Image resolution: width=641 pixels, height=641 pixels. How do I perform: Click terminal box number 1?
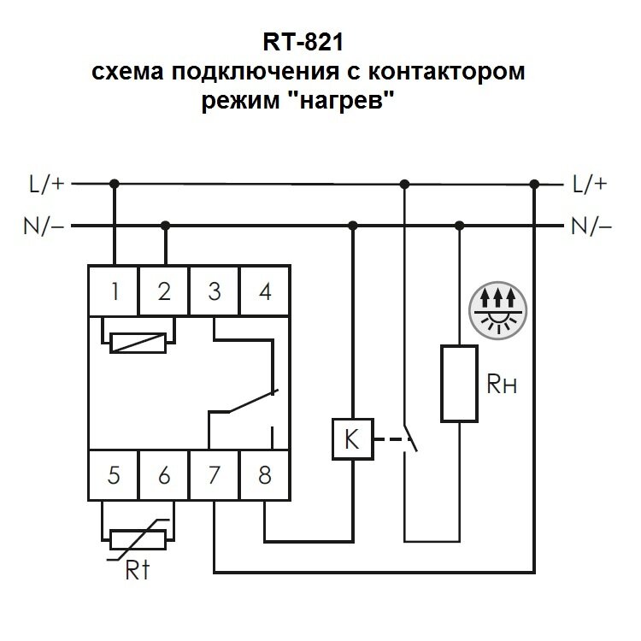point(114,291)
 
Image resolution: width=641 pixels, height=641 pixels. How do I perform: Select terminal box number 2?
point(164,291)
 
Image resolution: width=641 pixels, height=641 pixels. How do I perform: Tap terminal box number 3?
point(215,291)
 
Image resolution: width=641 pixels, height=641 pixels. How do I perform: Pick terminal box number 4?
point(265,291)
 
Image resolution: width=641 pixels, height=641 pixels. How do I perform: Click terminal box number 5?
point(114,476)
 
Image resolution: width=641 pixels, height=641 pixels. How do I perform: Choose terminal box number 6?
point(164,476)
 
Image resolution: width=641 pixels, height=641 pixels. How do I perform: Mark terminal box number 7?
point(215,476)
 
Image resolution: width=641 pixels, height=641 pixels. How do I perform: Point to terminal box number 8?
point(265,476)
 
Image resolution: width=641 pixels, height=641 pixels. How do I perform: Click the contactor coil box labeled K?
point(350,440)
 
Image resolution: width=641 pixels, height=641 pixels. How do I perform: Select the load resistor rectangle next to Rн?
point(460,382)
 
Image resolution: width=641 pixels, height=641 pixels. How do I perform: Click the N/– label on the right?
point(592,226)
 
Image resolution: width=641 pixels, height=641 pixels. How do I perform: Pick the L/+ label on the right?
point(591,183)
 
